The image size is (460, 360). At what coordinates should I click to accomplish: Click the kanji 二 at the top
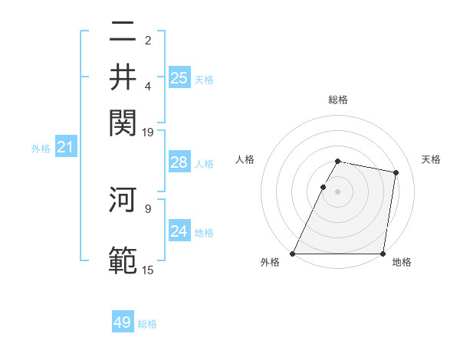click(123, 33)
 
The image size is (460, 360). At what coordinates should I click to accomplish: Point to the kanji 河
click(123, 201)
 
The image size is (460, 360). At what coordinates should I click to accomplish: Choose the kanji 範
click(123, 259)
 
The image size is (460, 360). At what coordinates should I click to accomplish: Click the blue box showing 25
click(179, 78)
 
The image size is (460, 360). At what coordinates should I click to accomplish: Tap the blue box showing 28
click(179, 162)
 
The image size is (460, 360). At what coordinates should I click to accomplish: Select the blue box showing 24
click(179, 231)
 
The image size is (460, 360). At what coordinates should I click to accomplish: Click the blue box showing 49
click(123, 322)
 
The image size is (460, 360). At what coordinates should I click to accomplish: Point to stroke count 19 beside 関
click(148, 132)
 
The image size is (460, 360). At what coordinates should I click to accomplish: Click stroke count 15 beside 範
click(148, 270)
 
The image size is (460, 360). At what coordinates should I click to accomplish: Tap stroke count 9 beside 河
click(148, 207)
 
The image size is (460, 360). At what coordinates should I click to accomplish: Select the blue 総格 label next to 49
click(147, 324)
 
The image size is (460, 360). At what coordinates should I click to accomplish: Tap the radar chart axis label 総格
click(338, 100)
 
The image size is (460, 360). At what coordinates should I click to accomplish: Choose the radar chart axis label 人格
click(245, 159)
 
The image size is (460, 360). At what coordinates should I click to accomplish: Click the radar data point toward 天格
click(396, 173)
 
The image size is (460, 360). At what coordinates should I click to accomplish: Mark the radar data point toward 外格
click(293, 254)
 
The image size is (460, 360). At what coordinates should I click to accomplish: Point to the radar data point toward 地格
click(383, 254)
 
